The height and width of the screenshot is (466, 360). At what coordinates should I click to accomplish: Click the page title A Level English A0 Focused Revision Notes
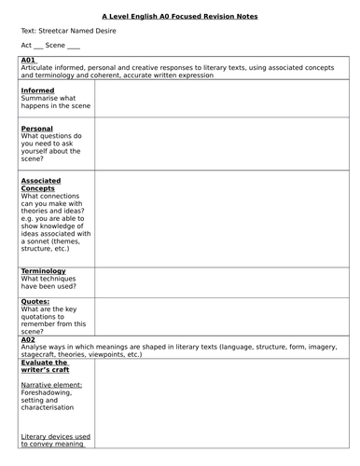[x=180, y=16]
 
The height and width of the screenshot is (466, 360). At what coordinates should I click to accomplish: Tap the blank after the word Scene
[x=74, y=46]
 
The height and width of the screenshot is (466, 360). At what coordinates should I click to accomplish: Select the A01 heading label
[x=27, y=61]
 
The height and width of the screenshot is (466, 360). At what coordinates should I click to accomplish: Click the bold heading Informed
[x=37, y=90]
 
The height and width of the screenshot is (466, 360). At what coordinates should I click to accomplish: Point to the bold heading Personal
[x=36, y=129]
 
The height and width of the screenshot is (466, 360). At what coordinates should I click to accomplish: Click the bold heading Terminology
[x=43, y=271]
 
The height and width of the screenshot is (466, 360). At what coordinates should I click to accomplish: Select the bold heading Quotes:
[x=35, y=301]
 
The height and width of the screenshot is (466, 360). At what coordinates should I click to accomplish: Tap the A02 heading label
[x=27, y=340]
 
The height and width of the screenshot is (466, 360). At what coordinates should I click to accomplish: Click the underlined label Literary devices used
[x=55, y=435]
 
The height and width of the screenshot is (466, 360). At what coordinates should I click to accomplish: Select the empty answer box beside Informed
[x=222, y=101]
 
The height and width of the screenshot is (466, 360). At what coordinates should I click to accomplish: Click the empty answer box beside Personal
[x=222, y=144]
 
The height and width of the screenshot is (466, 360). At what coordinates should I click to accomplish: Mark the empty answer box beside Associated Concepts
[x=222, y=218]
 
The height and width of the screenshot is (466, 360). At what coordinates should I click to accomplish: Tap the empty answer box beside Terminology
[x=222, y=281]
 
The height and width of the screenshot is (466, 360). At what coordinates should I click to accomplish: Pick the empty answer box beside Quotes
[x=222, y=316]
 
